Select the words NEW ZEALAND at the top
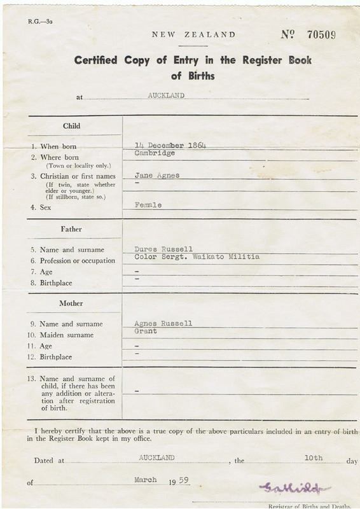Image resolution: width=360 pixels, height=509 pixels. pos(193,35)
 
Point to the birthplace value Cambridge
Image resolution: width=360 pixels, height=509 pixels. pos(155,153)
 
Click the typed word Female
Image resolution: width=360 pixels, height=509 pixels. pos(148,205)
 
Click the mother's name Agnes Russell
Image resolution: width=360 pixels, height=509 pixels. pos(163,323)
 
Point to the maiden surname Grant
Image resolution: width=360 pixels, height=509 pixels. pos(146,331)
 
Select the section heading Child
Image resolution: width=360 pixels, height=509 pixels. pos(71,126)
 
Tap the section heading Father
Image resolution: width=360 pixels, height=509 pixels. pos(71,228)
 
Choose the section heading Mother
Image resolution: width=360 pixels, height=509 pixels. pos(71,303)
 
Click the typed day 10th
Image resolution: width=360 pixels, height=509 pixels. pos(313,457)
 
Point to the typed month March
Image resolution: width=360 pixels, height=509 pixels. pos(149,480)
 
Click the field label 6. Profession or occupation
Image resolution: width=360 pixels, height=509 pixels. pos(73,260)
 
